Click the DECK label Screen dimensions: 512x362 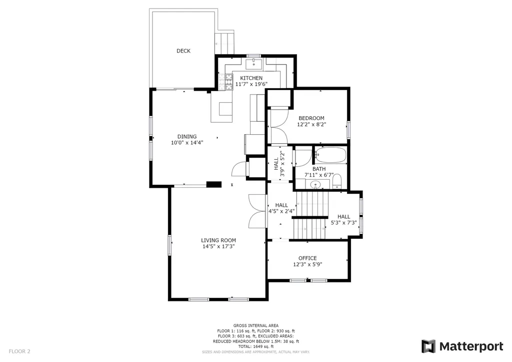click(x=183, y=51)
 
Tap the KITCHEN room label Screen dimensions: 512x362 click(x=251, y=78)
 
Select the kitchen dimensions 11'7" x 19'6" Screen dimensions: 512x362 click(x=251, y=84)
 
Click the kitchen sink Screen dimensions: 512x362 click(x=253, y=64)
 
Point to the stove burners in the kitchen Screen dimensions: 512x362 click(x=225, y=82)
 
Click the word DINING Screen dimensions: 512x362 click(x=187, y=136)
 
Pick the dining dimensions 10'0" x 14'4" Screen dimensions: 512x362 click(x=187, y=143)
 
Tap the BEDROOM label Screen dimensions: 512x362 click(x=311, y=118)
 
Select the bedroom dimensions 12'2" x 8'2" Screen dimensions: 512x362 click(x=311, y=124)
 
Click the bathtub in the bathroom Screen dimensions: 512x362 click(x=331, y=155)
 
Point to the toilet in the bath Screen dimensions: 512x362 click(x=336, y=182)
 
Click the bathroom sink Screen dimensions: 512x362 click(x=315, y=185)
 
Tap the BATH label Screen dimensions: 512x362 click(x=319, y=169)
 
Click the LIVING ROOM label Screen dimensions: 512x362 click(x=218, y=240)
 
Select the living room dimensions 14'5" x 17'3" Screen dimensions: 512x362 click(x=218, y=246)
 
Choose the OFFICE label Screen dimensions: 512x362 click(x=307, y=258)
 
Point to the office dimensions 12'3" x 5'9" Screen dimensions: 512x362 click(x=307, y=264)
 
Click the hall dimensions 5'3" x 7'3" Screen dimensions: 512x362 click(x=344, y=223)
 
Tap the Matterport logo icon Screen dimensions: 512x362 click(x=428, y=346)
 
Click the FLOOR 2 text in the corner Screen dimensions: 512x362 click(x=19, y=351)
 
